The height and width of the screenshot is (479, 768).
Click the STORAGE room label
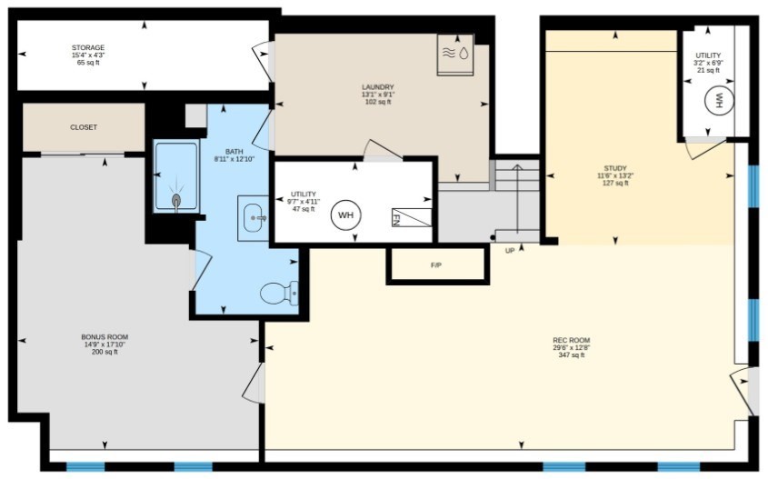88,47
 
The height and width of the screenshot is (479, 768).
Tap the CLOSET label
84,127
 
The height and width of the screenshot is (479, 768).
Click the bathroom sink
254,218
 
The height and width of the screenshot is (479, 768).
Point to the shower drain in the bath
176,199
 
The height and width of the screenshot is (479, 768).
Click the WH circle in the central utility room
345,215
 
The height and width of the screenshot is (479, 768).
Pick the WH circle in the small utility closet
720,100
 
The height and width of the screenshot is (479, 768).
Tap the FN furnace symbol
412,217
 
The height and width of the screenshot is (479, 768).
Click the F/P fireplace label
436,265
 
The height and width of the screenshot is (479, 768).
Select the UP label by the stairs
510,251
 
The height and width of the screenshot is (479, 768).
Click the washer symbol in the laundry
455,55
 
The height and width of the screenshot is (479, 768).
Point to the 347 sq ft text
572,355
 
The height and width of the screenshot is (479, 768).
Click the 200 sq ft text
105,352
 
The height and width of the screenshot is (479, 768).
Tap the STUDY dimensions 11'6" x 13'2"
615,175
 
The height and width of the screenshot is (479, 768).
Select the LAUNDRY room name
378,87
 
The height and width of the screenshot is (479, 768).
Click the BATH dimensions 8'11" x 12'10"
234,159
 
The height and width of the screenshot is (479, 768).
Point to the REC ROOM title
572,341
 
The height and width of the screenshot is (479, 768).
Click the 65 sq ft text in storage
88,63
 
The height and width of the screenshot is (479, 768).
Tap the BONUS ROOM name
105,337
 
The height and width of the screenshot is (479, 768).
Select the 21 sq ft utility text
708,70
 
